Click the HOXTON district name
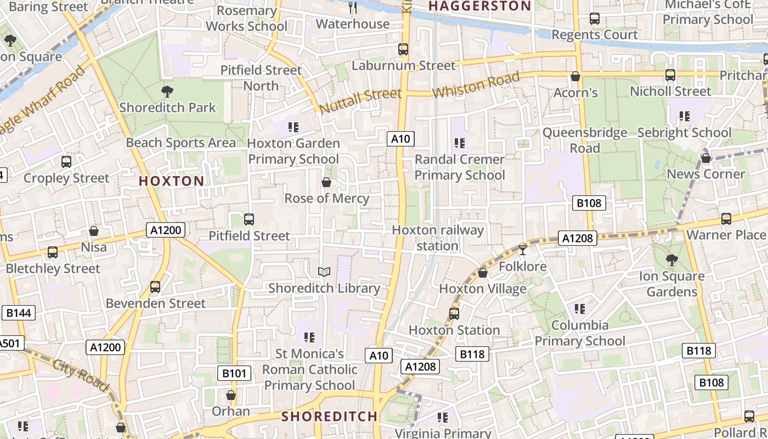tap(171, 181)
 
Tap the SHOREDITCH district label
tap(330, 416)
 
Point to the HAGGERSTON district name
tap(479, 6)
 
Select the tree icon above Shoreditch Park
tap(167, 92)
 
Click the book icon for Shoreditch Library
tap(324, 272)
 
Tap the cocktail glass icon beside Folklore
tap(522, 250)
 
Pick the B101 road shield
tap(234, 374)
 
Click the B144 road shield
tap(19, 313)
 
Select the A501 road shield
tap(9, 344)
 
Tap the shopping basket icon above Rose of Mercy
tap(326, 182)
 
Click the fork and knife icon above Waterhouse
tap(353, 8)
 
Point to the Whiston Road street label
tap(476, 85)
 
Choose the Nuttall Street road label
tap(360, 100)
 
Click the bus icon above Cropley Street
tap(66, 162)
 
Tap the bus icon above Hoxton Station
tap(454, 314)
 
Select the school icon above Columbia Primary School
tap(580, 309)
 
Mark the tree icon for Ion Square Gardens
tap(671, 260)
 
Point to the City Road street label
tap(81, 375)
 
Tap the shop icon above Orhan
tap(231, 395)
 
